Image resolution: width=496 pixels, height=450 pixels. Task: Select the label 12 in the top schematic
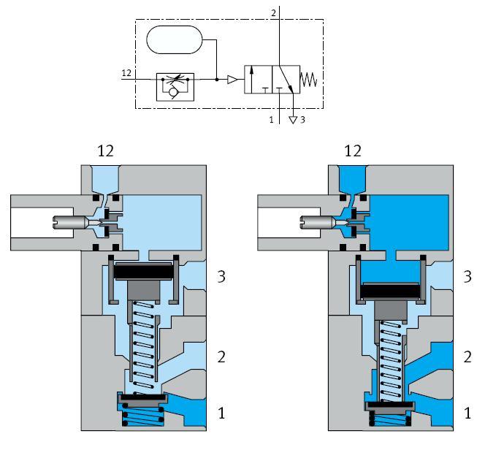[x=126, y=73]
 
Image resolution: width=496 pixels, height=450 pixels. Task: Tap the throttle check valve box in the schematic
[x=174, y=85]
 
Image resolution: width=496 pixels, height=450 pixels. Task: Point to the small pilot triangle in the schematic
[x=232, y=80]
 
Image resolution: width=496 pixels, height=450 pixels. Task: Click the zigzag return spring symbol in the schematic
[x=309, y=80]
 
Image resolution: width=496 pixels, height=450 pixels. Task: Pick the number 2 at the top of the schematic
[x=274, y=13]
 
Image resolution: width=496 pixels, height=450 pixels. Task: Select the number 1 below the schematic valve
[x=272, y=119]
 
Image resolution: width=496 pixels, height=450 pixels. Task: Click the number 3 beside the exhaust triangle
[x=302, y=120]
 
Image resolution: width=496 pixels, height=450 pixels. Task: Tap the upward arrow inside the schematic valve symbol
[x=252, y=78]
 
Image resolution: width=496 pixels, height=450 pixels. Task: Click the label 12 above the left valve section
[x=105, y=151]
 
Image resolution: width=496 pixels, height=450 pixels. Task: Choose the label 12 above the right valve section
[x=353, y=151]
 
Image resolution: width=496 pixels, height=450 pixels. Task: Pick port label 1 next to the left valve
[x=222, y=414]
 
